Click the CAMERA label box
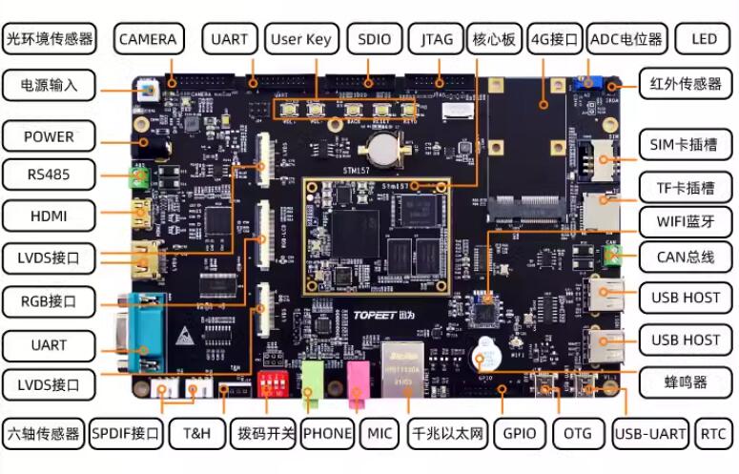(148, 39)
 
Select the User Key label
(300, 39)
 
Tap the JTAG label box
(437, 39)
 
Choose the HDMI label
(49, 216)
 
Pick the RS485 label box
(49, 174)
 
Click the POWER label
(49, 136)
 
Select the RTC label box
(713, 433)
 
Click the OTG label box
(578, 433)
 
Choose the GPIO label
(520, 433)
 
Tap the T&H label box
(202, 433)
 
